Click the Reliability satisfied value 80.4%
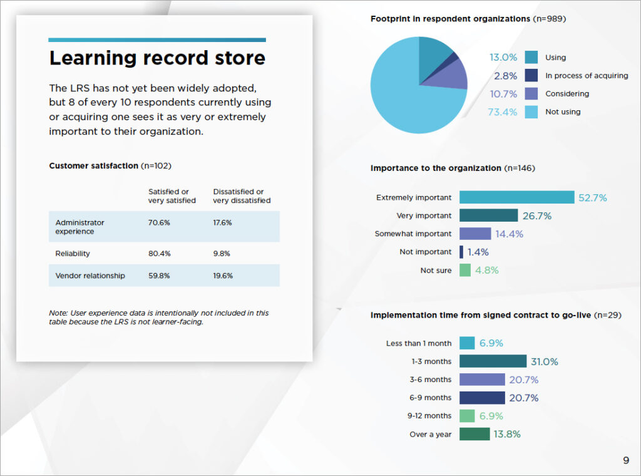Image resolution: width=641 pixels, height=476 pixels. [160, 254]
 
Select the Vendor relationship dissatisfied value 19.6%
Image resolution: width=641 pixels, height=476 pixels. [223, 276]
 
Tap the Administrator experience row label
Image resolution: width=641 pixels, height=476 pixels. [79, 227]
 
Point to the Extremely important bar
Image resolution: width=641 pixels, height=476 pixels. [516, 197]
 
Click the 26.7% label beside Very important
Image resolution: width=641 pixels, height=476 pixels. [536, 215]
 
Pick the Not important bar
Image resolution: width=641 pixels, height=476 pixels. [461, 252]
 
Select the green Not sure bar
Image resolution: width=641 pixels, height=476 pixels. [465, 270]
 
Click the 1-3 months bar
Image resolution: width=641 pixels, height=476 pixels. [493, 361]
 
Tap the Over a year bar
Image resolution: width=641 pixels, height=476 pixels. [474, 434]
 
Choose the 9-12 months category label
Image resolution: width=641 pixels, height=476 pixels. [429, 416]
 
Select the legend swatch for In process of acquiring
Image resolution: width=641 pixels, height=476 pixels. [531, 75]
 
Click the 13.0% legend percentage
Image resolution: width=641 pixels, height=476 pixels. [503, 57]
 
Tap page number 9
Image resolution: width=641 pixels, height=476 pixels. [626, 460]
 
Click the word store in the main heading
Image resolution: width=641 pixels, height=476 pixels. [240, 58]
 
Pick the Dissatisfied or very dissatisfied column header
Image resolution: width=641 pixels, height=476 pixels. [242, 196]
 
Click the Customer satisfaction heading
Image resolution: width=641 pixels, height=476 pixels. [94, 165]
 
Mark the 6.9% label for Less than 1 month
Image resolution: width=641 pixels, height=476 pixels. [491, 343]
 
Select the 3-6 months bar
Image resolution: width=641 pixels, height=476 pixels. [482, 380]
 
